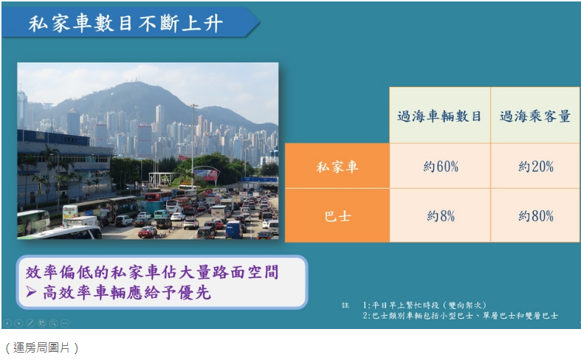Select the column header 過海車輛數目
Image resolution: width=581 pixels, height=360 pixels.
(439, 116)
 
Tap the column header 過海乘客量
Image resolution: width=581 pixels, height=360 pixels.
(535, 116)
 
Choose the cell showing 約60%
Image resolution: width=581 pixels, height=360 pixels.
(441, 166)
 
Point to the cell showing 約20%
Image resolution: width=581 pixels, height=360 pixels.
(535, 166)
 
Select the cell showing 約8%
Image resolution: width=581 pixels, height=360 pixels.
(441, 216)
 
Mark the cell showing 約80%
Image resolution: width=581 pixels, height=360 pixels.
(535, 216)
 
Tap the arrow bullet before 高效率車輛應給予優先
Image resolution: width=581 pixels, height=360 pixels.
(30, 292)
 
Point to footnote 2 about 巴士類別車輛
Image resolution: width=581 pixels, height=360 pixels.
(460, 316)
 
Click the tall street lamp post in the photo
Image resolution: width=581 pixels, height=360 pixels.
(193, 140)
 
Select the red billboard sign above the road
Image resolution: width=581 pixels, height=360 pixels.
(206, 175)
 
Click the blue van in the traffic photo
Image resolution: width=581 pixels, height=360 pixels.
(233, 229)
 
